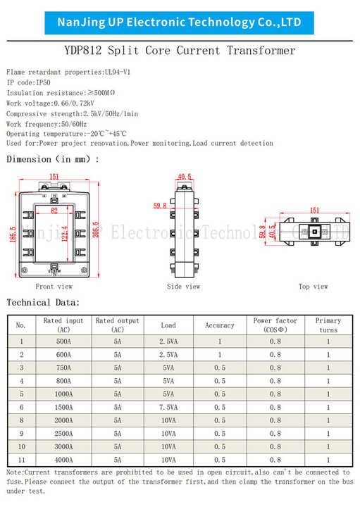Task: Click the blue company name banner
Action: coord(179,23)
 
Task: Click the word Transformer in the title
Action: coord(261,51)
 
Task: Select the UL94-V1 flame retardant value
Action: coord(118,72)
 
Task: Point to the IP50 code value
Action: coord(43,82)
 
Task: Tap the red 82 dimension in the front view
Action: coord(54,211)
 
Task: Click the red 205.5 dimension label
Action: coord(96,230)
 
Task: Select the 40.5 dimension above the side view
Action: coord(185,177)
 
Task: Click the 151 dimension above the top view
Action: coord(314,211)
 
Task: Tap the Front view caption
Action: coord(54,287)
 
